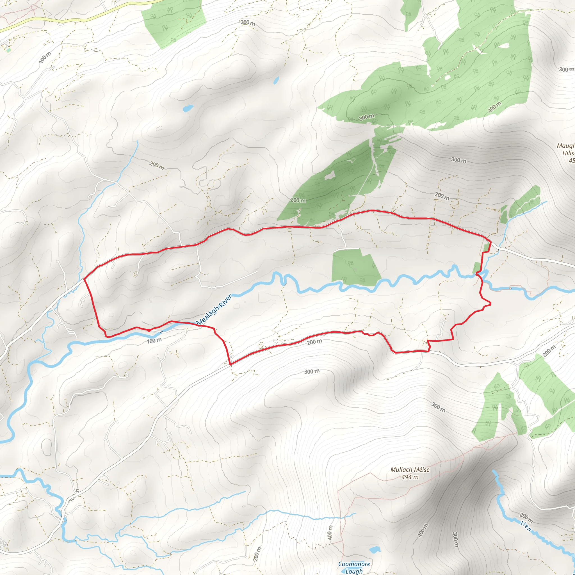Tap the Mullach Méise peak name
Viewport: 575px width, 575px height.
pos(410,470)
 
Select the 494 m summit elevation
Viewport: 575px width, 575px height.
pos(410,477)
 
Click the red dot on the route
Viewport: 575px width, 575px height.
pos(149,330)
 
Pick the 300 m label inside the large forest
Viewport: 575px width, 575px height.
pos(367,117)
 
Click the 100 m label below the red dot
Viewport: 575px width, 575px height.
pos(154,341)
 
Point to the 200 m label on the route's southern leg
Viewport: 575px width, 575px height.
pos(314,342)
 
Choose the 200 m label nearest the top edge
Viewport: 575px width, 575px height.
pos(248,23)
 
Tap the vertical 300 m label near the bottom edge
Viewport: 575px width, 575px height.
pos(455,539)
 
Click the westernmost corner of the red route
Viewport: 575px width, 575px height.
pos(84,279)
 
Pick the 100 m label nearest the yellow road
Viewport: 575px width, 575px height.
pos(45,57)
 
